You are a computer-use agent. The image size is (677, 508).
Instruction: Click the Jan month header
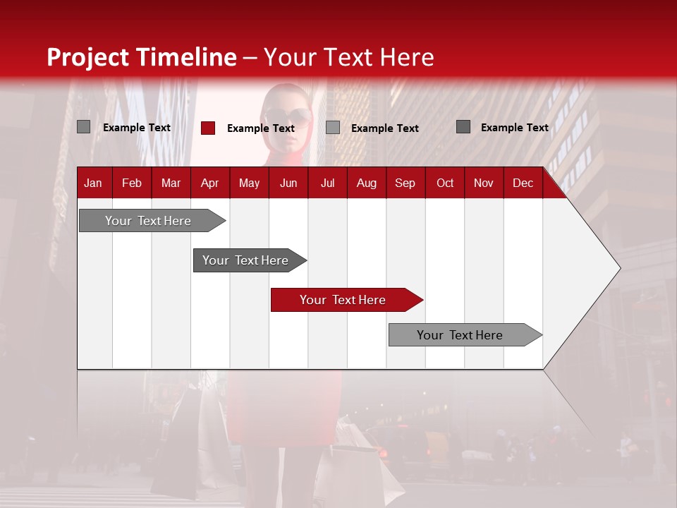pyautogui.click(x=93, y=183)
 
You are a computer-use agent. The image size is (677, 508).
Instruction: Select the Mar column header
pyautogui.click(x=171, y=183)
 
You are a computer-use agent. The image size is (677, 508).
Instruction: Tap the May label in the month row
pyautogui.click(x=249, y=183)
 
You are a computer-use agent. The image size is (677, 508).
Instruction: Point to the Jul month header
pyautogui.click(x=327, y=183)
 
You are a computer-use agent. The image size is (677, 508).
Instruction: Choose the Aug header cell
pyautogui.click(x=366, y=183)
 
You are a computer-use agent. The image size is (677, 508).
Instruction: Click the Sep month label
pyautogui.click(x=405, y=183)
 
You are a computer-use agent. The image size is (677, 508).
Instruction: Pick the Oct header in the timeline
pyautogui.click(x=445, y=183)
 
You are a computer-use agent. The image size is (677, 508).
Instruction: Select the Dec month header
pyautogui.click(x=523, y=183)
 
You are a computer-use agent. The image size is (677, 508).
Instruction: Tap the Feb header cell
pyautogui.click(x=132, y=183)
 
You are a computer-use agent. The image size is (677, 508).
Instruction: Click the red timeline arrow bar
pyautogui.click(x=346, y=300)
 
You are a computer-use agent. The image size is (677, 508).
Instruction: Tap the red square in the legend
pyautogui.click(x=208, y=128)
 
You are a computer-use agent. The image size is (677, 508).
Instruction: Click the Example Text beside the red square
pyautogui.click(x=261, y=128)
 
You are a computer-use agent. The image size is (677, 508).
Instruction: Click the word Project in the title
pyautogui.click(x=88, y=57)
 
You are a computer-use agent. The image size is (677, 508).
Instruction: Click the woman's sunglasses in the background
pyautogui.click(x=288, y=116)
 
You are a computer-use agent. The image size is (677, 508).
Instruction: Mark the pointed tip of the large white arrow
pyautogui.click(x=619, y=268)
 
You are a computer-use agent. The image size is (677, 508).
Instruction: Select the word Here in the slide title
pyautogui.click(x=407, y=57)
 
